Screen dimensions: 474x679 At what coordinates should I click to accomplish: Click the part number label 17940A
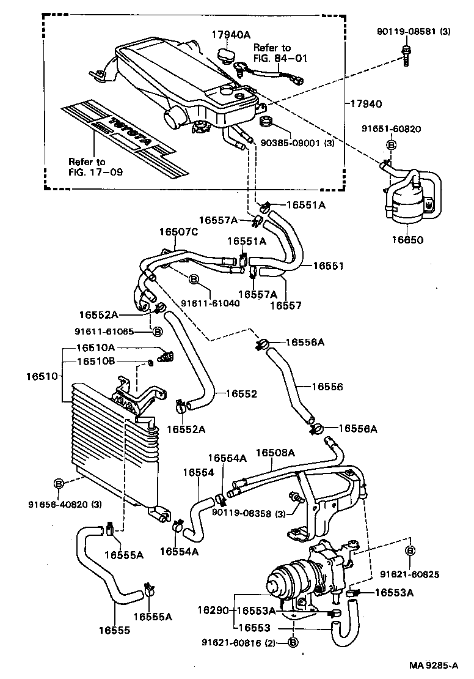coord(231,35)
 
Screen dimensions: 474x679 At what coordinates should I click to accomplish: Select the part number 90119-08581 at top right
coord(407,32)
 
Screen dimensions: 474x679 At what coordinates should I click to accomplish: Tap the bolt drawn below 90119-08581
coord(406,55)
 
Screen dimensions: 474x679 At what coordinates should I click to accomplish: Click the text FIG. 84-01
coord(280,58)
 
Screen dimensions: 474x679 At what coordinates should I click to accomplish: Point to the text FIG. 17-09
coord(95,172)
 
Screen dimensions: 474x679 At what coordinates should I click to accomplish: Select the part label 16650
coord(407,240)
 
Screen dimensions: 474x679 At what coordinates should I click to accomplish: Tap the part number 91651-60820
coord(392,128)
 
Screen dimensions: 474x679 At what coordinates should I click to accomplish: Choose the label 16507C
coord(178,232)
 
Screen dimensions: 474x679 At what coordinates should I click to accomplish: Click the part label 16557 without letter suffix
coord(285,305)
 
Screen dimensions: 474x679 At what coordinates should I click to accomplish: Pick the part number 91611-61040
coord(210,303)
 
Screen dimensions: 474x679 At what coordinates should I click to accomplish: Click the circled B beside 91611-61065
coord(158,332)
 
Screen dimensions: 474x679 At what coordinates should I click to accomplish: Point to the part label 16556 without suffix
coord(327,386)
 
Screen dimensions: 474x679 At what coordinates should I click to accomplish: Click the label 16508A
coord(275,453)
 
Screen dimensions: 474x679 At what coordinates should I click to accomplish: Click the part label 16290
coord(213,610)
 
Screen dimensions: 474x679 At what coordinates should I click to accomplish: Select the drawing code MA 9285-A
coord(433,666)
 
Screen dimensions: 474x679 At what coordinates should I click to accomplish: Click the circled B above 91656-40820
coord(59,484)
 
